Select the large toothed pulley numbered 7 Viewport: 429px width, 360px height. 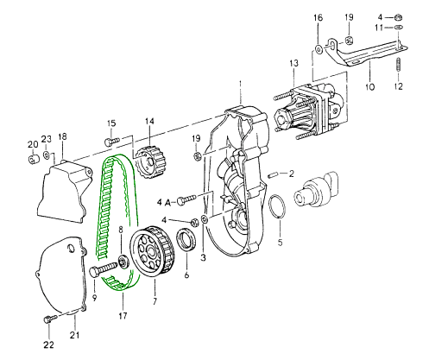[x=152, y=251]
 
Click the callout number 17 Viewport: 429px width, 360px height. [x=123, y=316]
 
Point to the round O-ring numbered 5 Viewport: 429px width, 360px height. [x=277, y=206]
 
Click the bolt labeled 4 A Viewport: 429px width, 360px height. [x=186, y=199]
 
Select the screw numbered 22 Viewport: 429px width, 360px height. [x=49, y=319]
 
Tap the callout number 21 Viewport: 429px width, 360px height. [x=74, y=335]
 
